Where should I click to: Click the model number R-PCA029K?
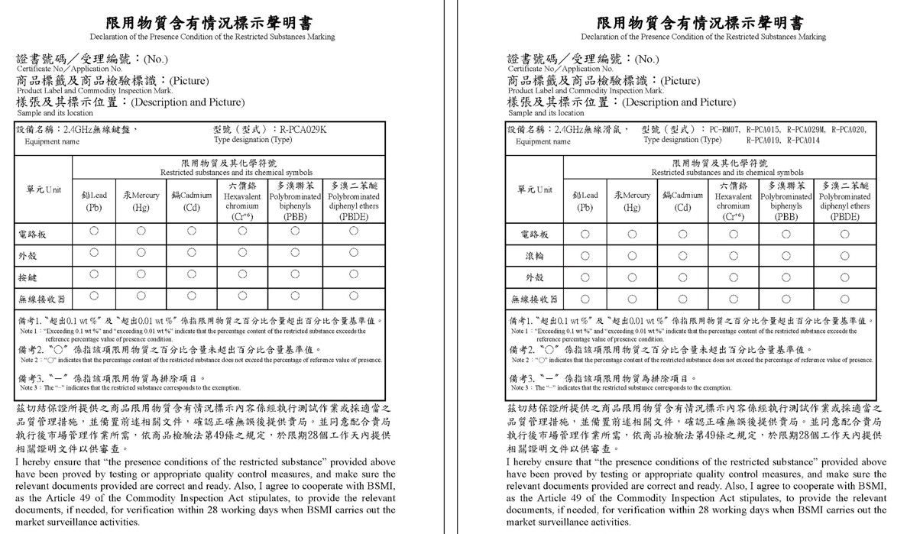303,130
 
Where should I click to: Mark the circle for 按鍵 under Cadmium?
191,273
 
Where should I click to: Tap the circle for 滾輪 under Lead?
585,255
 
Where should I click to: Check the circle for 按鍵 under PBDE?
354,273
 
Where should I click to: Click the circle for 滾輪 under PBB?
786,255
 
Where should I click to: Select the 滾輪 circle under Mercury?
632,255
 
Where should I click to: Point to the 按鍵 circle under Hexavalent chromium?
242,273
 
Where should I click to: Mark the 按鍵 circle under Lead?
94,273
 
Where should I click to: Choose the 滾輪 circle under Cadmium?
682,255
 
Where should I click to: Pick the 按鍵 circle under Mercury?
141,273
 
